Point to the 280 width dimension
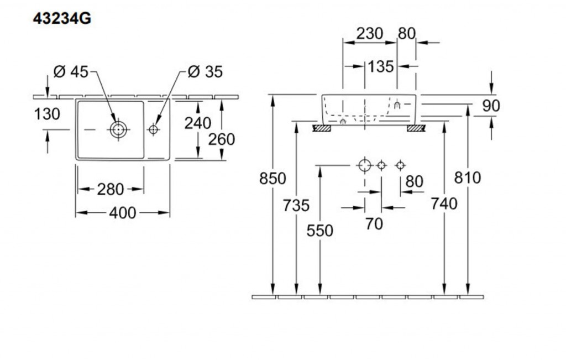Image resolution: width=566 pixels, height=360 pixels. tap(111, 189)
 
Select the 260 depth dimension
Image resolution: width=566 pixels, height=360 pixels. tap(222, 139)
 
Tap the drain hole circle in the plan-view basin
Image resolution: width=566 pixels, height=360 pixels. tap(117, 129)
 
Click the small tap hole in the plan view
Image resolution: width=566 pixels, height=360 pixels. tap(154, 129)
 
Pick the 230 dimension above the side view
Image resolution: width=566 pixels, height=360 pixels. tap(369, 34)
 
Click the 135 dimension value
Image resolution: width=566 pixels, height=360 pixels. tap(381, 66)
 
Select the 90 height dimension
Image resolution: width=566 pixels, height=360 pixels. tap(491, 106)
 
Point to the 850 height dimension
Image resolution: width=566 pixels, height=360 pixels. tap(274, 179)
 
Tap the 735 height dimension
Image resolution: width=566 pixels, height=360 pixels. tap(296, 205)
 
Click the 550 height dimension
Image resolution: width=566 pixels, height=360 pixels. tap(320, 230)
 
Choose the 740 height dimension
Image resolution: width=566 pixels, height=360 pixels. tap(444, 204)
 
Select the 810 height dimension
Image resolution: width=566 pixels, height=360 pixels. tap(468, 178)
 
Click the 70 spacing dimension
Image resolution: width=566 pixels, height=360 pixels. tap(374, 224)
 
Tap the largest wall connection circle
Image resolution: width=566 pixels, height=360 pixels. tap(364, 165)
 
